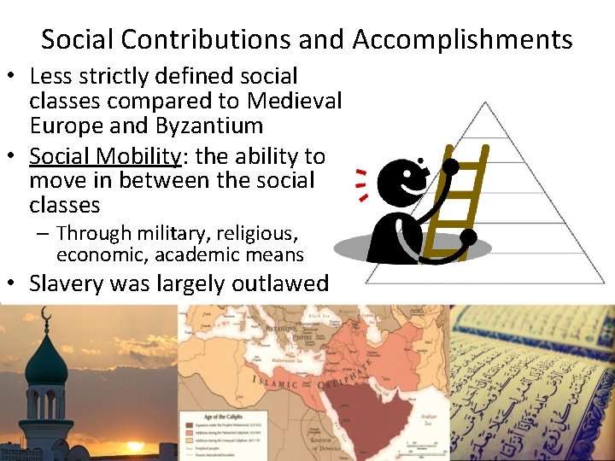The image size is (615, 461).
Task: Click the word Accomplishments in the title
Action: pyautogui.click(x=462, y=39)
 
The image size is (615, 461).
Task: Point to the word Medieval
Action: pyautogui.click(x=295, y=101)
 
